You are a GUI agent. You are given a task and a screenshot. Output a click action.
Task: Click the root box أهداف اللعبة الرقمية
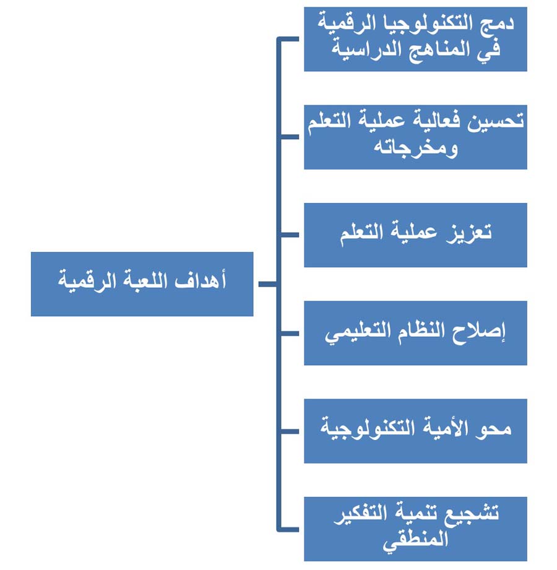tap(142, 284)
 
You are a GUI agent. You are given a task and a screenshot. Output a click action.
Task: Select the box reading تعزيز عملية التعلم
tap(415, 235)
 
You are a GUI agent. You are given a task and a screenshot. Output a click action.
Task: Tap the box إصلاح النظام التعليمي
tap(415, 333)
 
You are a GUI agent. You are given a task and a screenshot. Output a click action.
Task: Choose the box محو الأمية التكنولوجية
tap(415, 431)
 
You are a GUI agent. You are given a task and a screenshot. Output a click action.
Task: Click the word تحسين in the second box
tap(496, 121)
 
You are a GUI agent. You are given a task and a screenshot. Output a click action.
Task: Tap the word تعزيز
tap(469, 233)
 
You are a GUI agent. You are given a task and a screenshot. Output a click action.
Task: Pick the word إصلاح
tap(478, 332)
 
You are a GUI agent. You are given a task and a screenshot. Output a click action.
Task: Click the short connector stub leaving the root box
tap(268, 284)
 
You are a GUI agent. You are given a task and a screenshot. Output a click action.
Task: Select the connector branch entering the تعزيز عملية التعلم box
tap(288, 235)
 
